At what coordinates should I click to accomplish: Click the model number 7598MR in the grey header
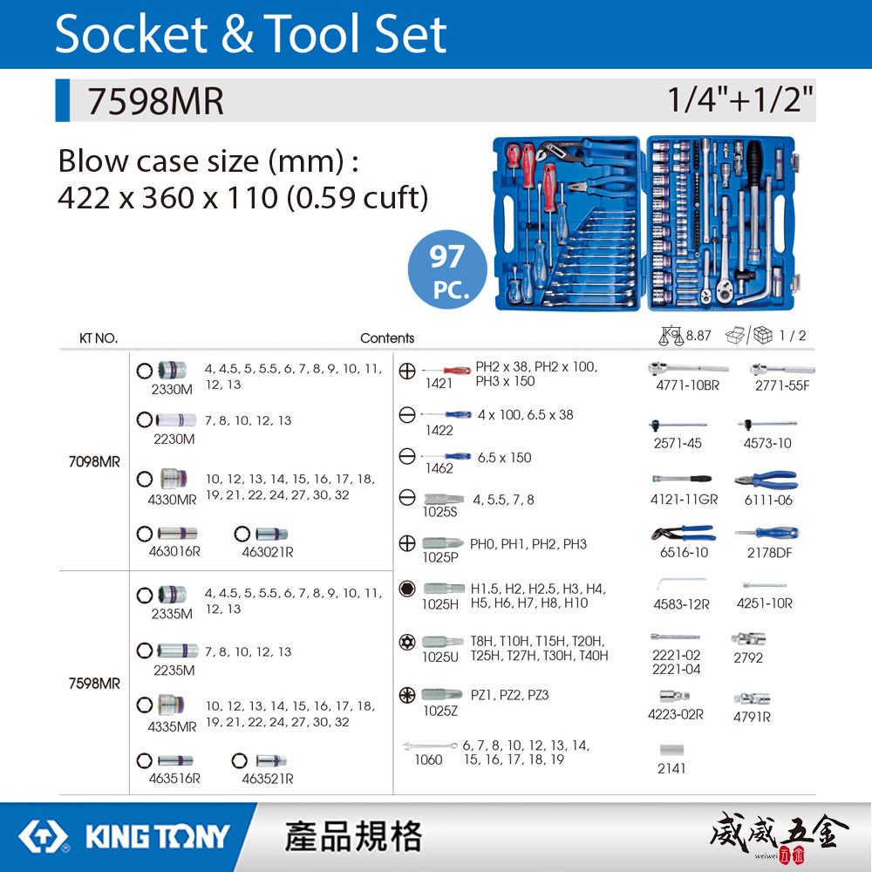[154, 101]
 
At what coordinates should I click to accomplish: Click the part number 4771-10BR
[687, 385]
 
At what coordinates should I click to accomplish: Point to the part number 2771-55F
[782, 385]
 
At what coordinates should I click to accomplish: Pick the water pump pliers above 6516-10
[682, 533]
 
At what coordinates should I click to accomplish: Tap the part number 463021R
[267, 552]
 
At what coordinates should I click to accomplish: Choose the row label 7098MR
[94, 462]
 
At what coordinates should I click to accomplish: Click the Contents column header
[387, 338]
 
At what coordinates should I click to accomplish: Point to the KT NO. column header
[99, 338]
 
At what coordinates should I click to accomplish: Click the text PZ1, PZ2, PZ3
[509, 695]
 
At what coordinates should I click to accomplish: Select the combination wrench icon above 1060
[430, 746]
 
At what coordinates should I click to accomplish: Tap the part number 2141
[671, 768]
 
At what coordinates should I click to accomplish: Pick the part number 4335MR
[172, 726]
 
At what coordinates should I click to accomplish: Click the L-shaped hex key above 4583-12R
[679, 583]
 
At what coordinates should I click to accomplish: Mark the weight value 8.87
[698, 335]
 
